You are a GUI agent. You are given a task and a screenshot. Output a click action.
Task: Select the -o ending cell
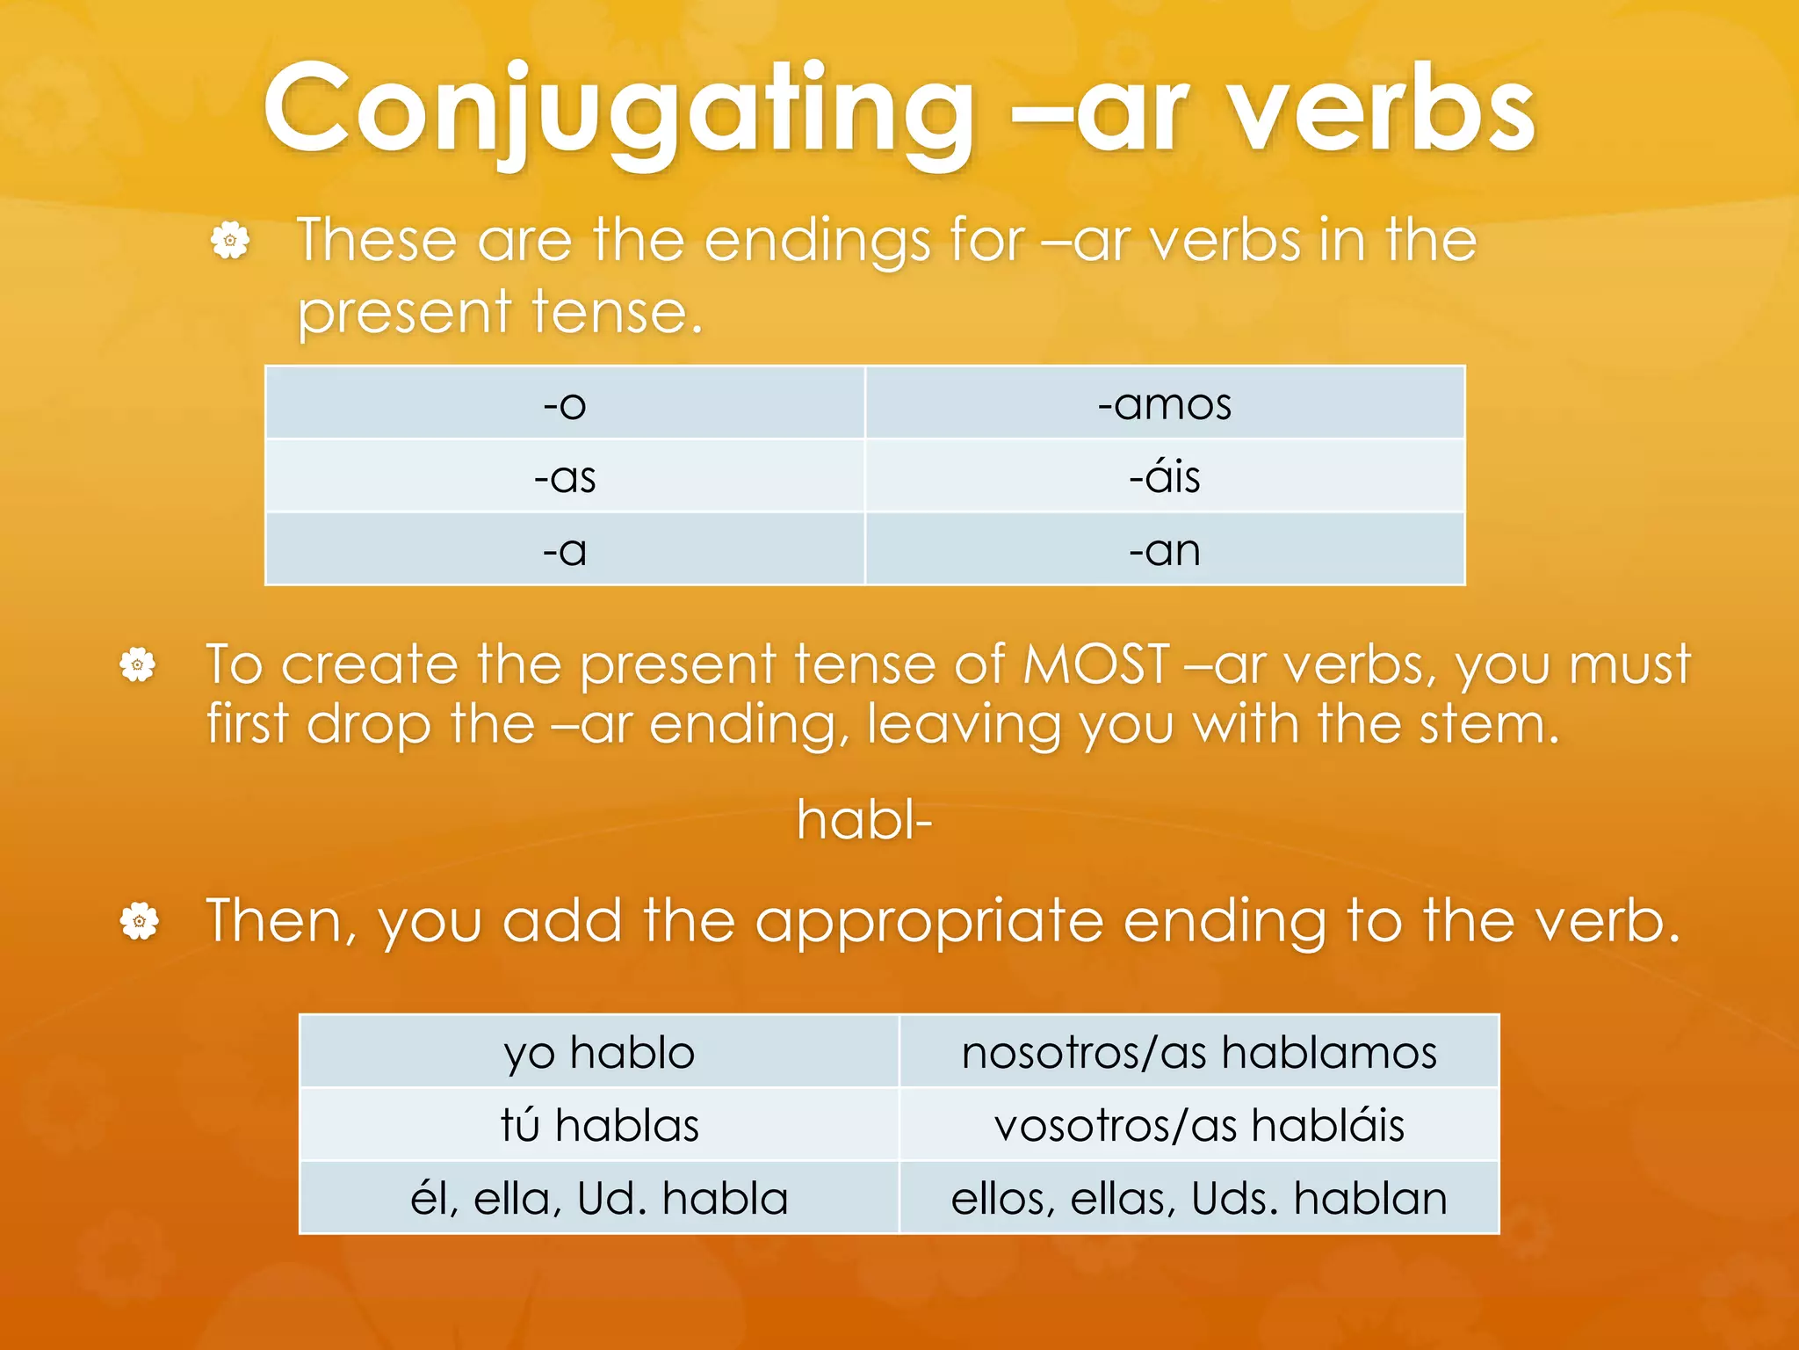[x=565, y=404]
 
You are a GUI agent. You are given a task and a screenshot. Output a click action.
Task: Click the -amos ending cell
[x=1165, y=404]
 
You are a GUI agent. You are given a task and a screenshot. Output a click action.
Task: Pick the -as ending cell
[x=565, y=477]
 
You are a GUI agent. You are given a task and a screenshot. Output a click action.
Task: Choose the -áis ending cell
[x=1165, y=477]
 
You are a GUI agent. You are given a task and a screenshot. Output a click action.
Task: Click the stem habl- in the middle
[x=864, y=820]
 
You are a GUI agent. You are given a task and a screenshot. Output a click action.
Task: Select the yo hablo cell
[x=599, y=1052]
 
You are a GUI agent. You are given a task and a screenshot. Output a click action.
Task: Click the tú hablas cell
[x=599, y=1125]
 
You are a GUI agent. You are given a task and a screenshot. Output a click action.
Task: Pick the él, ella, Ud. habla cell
[x=599, y=1198]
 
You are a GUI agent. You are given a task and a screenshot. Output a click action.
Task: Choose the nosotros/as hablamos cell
[x=1199, y=1052]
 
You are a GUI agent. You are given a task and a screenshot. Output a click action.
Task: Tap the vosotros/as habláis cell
[x=1199, y=1125]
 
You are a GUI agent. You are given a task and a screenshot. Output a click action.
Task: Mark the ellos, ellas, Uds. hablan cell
[x=1199, y=1198]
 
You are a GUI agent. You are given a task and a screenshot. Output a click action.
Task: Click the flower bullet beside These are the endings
[x=230, y=240]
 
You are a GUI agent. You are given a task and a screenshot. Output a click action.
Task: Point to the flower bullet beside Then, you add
[x=139, y=921]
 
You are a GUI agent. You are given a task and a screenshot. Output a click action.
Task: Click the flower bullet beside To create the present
[x=138, y=664]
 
